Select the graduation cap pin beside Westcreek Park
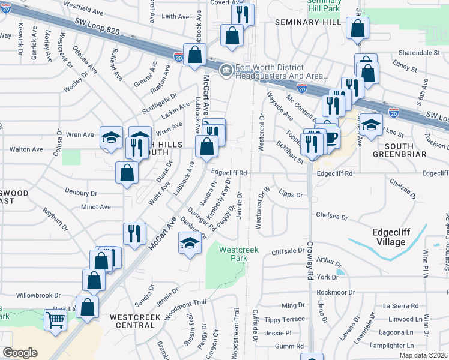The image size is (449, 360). [190, 244]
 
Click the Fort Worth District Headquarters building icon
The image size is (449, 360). [226, 71]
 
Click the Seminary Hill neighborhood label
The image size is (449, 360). [308, 22]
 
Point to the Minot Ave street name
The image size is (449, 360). [97, 207]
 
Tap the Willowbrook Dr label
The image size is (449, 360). [39, 295]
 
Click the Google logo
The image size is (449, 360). [20, 353]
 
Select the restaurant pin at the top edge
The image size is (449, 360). [243, 14]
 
